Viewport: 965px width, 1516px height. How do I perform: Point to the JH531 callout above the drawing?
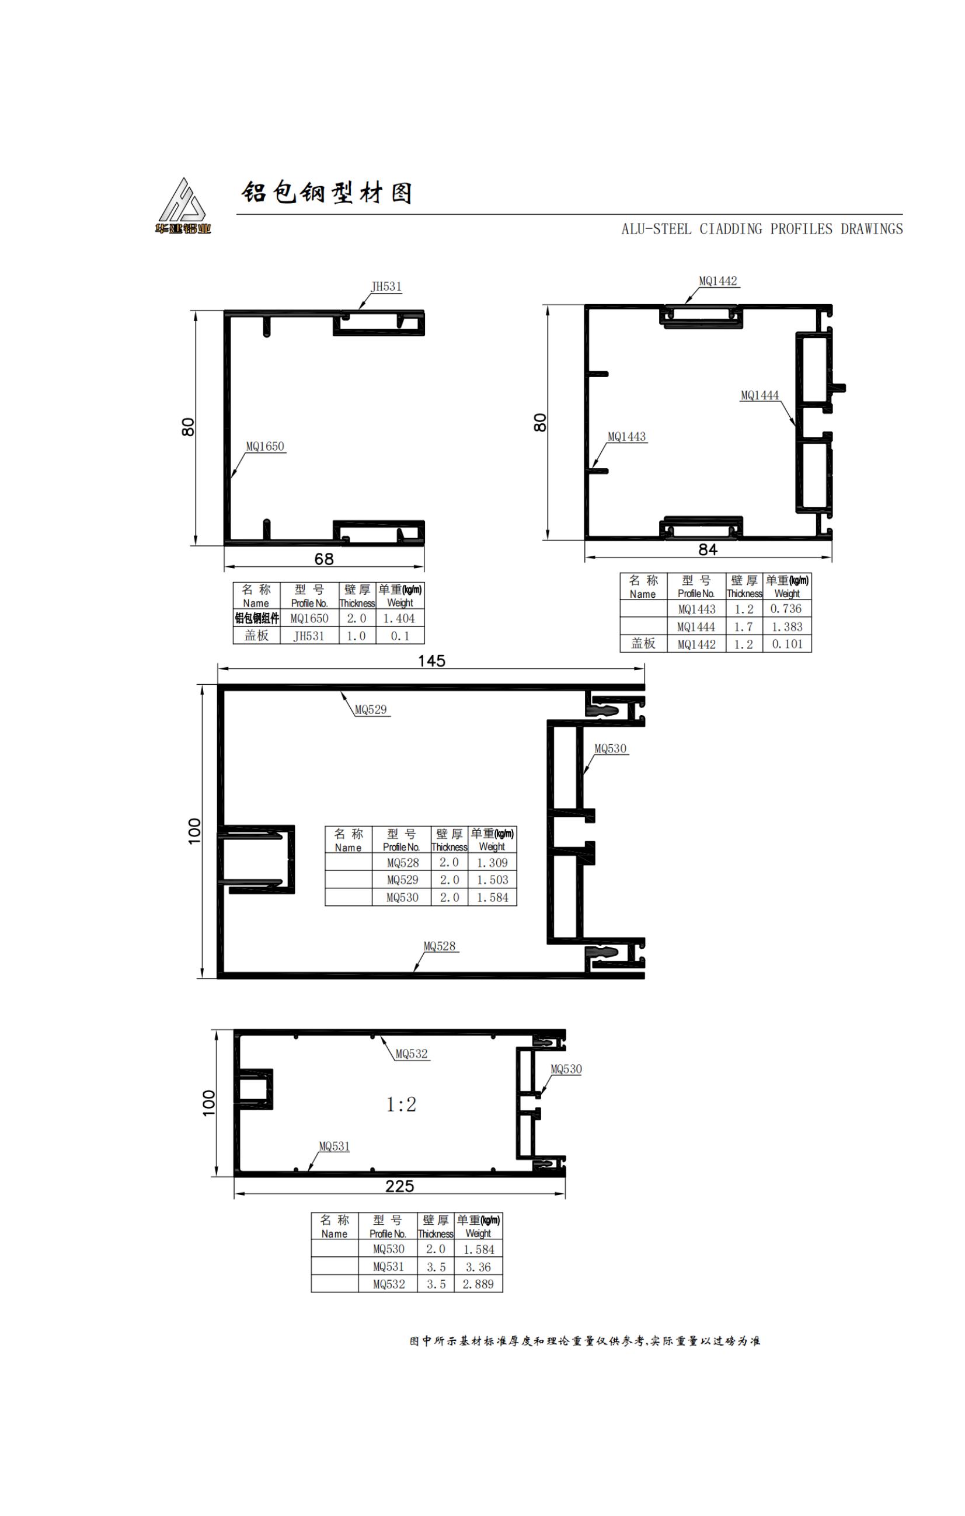pyautogui.click(x=386, y=287)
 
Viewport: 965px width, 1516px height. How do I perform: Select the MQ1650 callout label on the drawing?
pyautogui.click(x=265, y=447)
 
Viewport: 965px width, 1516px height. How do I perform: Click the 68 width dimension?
pyautogui.click(x=323, y=559)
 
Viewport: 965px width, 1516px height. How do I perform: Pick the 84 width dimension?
pyautogui.click(x=708, y=550)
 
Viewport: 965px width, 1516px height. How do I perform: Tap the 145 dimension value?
pyautogui.click(x=431, y=660)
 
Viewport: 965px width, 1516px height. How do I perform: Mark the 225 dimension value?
pyautogui.click(x=399, y=1186)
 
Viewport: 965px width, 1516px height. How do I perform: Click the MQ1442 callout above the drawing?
pyautogui.click(x=717, y=281)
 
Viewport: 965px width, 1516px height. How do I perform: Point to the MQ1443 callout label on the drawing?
pyautogui.click(x=626, y=436)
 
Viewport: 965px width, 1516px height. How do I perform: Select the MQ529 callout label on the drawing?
pyautogui.click(x=371, y=709)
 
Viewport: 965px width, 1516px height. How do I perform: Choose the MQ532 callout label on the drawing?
pyautogui.click(x=412, y=1054)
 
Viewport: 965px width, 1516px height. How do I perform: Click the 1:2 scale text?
pyautogui.click(x=401, y=1104)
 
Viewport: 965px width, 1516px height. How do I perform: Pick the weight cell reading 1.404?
pyautogui.click(x=399, y=618)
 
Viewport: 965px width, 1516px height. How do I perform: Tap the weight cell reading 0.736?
pyautogui.click(x=786, y=609)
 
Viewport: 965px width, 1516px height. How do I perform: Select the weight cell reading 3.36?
pyautogui.click(x=478, y=1267)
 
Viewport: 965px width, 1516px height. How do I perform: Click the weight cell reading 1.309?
pyautogui.click(x=492, y=863)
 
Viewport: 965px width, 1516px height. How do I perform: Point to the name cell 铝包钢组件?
pyautogui.click(x=256, y=618)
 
